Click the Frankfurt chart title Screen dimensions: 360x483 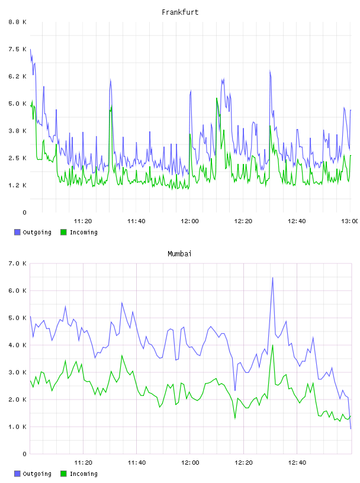(180, 12)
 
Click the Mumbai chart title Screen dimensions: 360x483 (179, 254)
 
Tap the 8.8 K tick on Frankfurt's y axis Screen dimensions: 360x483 (18, 22)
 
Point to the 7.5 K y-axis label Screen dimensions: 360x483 (18, 49)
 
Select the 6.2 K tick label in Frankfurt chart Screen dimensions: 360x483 (18, 76)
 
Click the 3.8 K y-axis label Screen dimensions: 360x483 (18, 131)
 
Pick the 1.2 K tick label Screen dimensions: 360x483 (18, 185)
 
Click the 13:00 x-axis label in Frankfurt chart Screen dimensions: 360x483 (350, 221)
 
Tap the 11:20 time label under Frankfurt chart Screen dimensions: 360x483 (83, 221)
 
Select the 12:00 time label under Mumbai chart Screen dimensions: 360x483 (190, 463)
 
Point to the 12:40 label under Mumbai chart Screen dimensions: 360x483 (297, 463)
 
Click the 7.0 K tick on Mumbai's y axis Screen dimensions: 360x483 (18, 263)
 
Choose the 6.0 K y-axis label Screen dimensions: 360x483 (18, 291)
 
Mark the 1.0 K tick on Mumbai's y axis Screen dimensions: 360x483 (18, 427)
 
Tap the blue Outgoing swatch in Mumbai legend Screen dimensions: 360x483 (17, 474)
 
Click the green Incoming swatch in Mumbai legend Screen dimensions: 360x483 (63, 474)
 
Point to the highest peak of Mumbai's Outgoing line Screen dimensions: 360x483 (272, 278)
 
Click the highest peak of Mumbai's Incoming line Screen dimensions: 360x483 (272, 345)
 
